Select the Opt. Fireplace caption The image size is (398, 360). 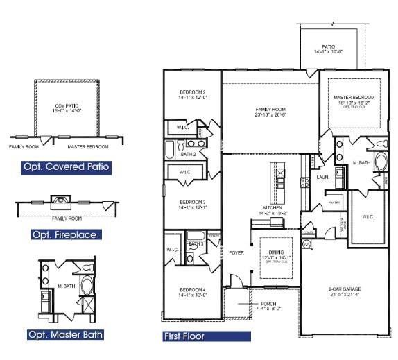(x=64, y=234)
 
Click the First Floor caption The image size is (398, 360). (x=184, y=336)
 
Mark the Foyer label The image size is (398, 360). (x=236, y=253)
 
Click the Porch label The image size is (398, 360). (x=267, y=304)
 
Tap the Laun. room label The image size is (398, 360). (x=322, y=177)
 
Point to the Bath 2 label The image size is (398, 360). (x=179, y=154)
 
